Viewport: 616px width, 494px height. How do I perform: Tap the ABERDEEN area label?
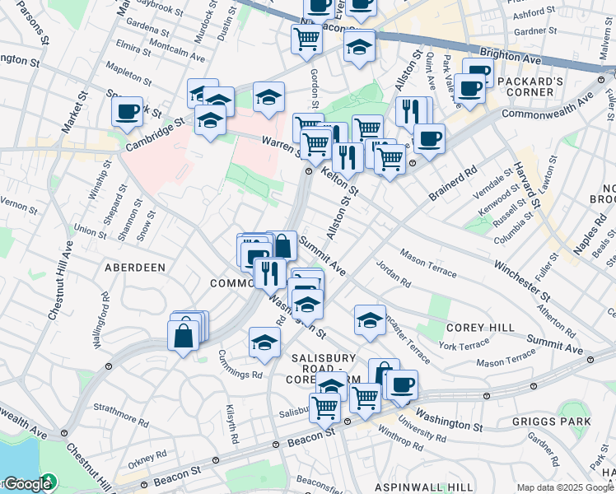[135, 268]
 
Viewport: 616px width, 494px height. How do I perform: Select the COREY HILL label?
[480, 327]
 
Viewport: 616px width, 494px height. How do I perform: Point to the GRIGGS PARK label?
[562, 422]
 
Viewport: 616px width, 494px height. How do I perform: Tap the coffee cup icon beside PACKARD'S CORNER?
[471, 89]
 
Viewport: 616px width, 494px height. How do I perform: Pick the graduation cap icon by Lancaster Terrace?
[370, 319]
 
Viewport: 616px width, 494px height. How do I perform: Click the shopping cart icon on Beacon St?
[324, 407]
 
